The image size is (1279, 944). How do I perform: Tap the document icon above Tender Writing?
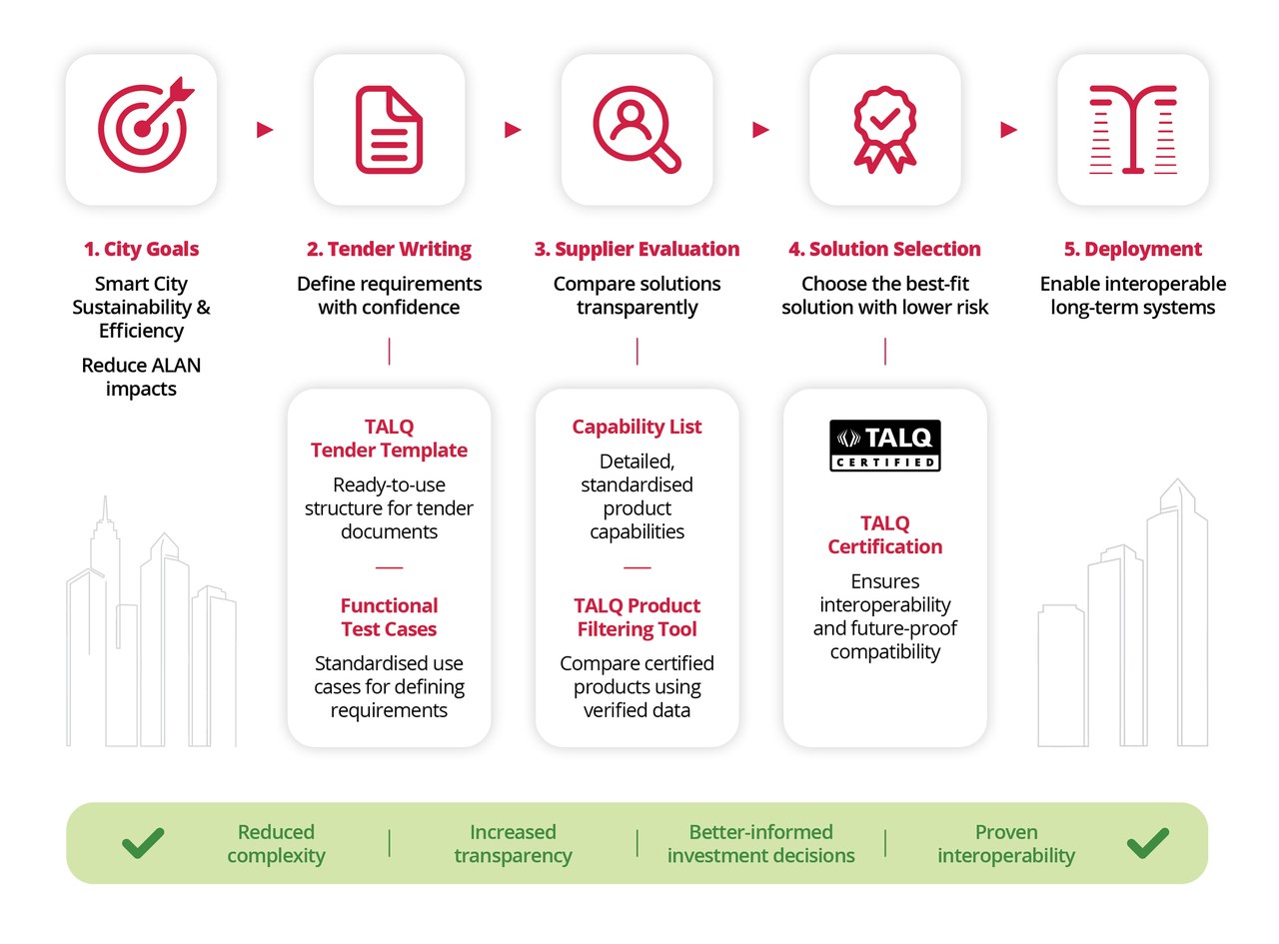[x=390, y=130]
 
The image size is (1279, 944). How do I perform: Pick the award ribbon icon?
[x=885, y=130]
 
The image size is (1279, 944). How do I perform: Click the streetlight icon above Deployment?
[x=1133, y=129]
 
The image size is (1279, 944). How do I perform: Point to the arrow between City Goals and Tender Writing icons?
[x=265, y=130]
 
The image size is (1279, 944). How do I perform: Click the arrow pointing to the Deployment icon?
[x=1008, y=130]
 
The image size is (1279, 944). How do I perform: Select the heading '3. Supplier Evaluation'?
[x=637, y=249]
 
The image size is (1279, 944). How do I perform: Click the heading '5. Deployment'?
[x=1132, y=249]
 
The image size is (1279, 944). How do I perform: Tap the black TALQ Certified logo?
[x=885, y=446]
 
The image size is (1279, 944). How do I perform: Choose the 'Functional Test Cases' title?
[x=390, y=617]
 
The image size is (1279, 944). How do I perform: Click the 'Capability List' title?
[x=637, y=427]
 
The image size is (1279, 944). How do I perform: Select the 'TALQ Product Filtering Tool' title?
[x=637, y=617]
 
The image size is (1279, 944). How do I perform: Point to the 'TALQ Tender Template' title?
[x=390, y=439]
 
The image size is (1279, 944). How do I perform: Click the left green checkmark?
[x=143, y=843]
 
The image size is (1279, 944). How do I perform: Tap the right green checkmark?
[x=1148, y=843]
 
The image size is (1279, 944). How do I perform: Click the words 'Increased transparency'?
[x=513, y=844]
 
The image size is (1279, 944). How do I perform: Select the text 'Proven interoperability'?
[x=1006, y=844]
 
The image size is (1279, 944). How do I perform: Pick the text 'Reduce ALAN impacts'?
[x=141, y=378]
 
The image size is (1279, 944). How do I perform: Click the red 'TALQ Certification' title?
[x=885, y=535]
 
